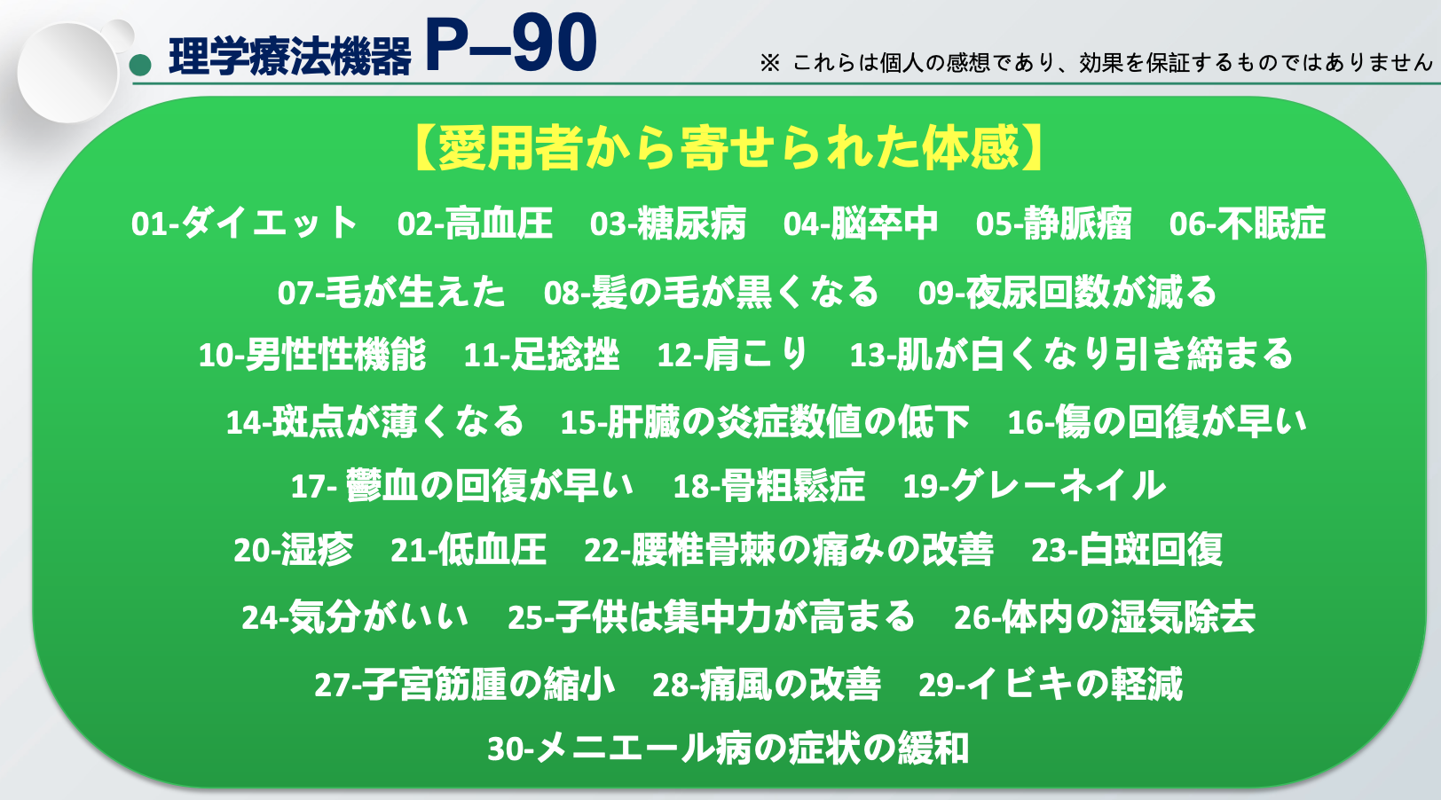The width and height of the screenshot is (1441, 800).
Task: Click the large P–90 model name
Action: pos(511,43)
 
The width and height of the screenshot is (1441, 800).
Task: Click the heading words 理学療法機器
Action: pos(289,57)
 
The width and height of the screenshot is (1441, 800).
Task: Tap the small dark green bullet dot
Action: pos(140,65)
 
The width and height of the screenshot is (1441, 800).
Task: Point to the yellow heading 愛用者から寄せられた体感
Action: pos(728,148)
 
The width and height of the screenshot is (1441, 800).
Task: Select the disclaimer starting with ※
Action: pos(1096,62)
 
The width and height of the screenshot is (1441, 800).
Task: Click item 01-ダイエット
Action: pos(244,224)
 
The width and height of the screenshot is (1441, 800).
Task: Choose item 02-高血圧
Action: pos(475,224)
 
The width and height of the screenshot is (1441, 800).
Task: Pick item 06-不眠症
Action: pos(1247,224)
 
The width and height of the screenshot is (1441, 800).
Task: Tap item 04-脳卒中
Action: pos(860,224)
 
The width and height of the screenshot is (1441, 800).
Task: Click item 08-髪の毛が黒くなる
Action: pos(711,292)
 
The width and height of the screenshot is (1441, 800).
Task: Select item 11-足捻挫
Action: pos(541,355)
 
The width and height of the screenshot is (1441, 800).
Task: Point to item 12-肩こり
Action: pos(732,355)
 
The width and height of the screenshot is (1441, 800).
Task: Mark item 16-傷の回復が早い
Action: pos(1157,422)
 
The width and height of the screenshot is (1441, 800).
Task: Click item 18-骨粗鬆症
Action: pos(768,486)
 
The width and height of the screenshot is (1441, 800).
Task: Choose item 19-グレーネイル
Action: pos(1034,486)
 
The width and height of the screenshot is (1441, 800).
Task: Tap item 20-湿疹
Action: pos(293,550)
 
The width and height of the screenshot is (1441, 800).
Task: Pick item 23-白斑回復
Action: pos(1126,550)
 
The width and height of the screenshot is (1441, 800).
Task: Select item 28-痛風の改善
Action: pos(766,684)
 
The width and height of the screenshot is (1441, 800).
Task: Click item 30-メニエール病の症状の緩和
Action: pos(728,749)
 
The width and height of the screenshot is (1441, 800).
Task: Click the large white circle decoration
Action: pos(68,73)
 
